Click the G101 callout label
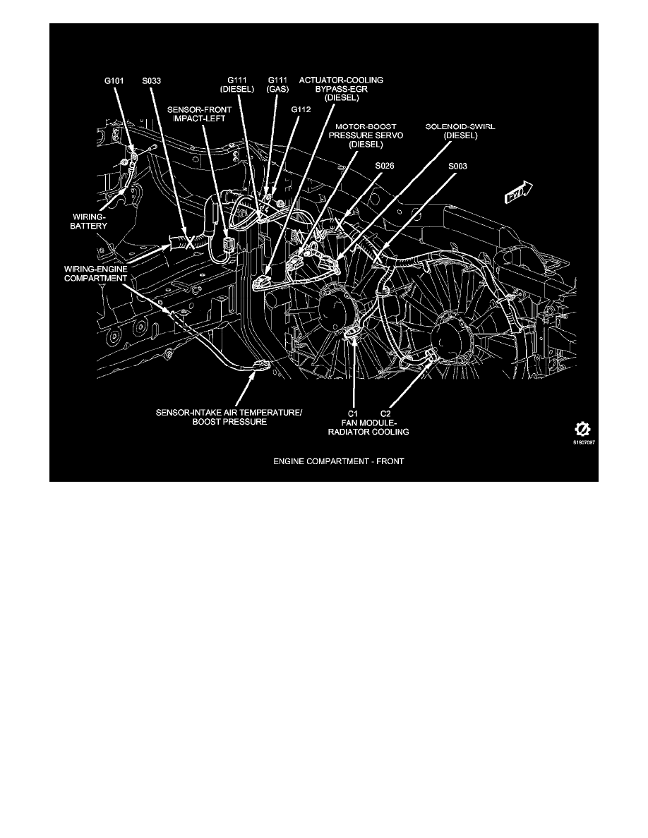pos(113,81)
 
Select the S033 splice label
pos(152,81)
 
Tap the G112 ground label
pos(301,110)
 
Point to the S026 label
pos(385,166)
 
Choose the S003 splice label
pos(457,166)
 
